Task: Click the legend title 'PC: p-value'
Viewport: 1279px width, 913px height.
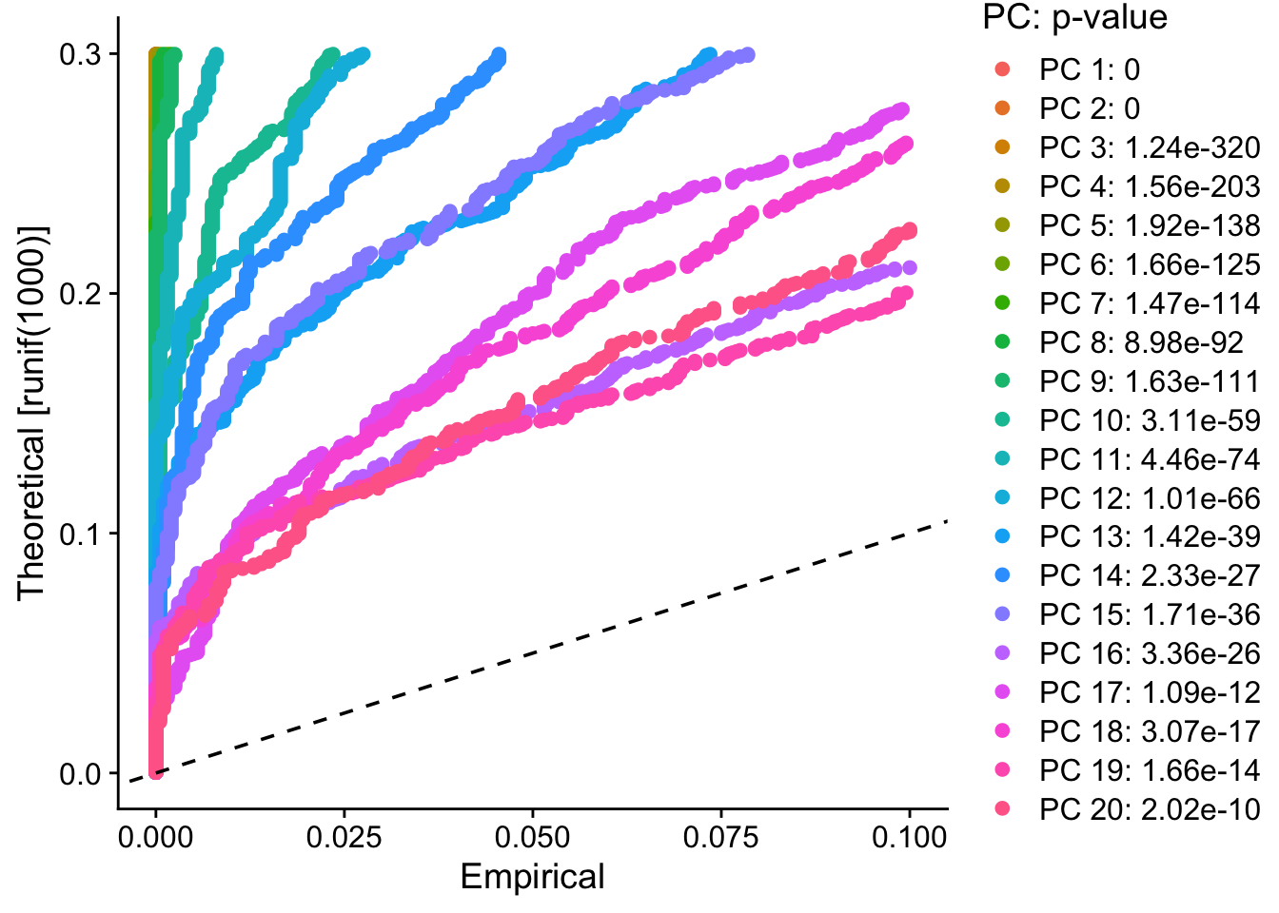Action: [x=1074, y=17]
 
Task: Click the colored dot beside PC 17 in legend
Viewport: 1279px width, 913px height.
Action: [x=1001, y=692]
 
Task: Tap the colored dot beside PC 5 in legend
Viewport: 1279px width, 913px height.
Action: [x=1001, y=225]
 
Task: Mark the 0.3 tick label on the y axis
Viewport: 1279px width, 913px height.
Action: [x=80, y=54]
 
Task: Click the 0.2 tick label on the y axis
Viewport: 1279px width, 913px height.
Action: [x=80, y=294]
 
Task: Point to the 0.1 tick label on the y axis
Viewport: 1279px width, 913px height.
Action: [x=80, y=534]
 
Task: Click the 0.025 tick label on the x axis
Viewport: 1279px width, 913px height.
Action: [x=344, y=838]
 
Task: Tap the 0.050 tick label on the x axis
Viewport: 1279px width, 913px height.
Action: [x=532, y=838]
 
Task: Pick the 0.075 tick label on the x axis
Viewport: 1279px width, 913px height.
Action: [x=720, y=838]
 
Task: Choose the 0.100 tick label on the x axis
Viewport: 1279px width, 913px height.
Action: [x=909, y=838]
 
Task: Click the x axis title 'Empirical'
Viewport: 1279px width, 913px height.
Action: [x=532, y=877]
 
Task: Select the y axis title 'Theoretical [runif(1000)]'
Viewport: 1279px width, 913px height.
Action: [x=31, y=413]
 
